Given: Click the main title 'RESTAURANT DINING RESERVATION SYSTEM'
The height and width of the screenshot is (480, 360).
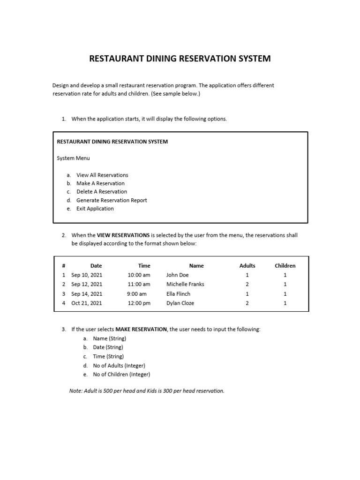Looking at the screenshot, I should [180, 59].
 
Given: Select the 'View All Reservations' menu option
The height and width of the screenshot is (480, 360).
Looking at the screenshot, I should [102, 175].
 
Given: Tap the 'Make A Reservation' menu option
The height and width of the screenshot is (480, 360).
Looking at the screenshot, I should [100, 183].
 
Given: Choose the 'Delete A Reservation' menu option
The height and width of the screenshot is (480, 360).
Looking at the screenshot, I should [102, 192].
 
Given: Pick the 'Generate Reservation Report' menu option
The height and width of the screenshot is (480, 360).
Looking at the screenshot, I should [112, 200].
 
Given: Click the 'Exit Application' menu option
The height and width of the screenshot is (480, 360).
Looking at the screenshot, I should [95, 209].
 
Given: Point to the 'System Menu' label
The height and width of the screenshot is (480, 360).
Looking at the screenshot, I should [73, 158].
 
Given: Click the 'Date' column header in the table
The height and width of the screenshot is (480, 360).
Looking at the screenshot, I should [96, 266].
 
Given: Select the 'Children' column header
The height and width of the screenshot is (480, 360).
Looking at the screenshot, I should [285, 266].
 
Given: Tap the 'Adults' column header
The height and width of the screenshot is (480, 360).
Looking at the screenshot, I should [247, 266].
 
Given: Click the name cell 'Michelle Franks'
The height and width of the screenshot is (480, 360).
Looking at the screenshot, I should [185, 284].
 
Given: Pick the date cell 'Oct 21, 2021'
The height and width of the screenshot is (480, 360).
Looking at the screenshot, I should [87, 303].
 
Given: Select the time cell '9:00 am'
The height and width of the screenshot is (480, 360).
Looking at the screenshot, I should [136, 294].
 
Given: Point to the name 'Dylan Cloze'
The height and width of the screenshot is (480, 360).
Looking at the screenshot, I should [180, 303].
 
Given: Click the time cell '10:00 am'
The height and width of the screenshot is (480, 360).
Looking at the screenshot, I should [139, 275].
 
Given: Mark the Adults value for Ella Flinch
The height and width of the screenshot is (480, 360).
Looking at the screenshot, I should [247, 294].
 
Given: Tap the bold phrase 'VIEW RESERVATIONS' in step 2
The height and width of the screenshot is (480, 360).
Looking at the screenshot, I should [123, 235].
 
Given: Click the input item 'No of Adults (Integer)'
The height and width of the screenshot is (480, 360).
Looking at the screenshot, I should [119, 366].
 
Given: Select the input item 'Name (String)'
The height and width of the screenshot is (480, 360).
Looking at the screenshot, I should [110, 338].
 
